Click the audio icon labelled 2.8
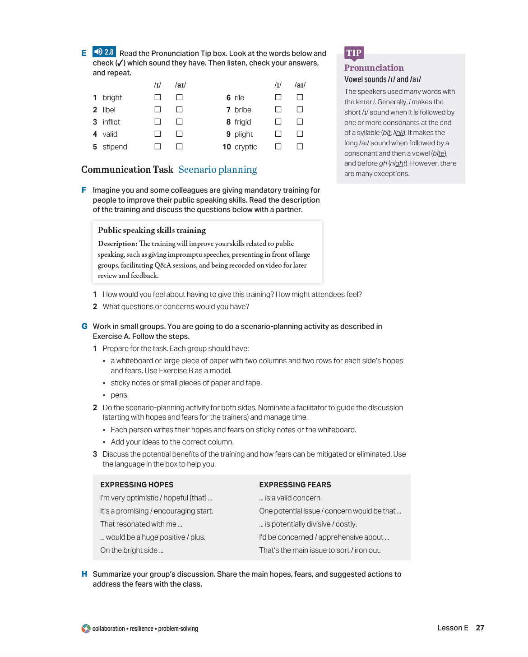[104, 52]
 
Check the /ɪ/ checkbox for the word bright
[157, 97]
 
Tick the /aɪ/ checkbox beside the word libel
[179, 109]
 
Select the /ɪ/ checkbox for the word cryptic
[278, 146]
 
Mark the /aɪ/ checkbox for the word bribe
[300, 109]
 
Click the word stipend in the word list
[115, 147]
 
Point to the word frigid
[242, 122]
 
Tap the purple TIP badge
[354, 53]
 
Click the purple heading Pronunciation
[374, 68]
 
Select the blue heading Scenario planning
[218, 170]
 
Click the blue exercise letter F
[84, 190]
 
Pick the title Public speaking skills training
[152, 230]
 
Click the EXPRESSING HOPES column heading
[137, 485]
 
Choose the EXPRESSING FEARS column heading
[295, 485]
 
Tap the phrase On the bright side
[131, 550]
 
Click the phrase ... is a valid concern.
[290, 498]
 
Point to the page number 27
[480, 628]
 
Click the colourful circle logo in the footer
[86, 629]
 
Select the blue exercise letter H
[84, 574]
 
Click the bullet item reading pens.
[120, 395]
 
